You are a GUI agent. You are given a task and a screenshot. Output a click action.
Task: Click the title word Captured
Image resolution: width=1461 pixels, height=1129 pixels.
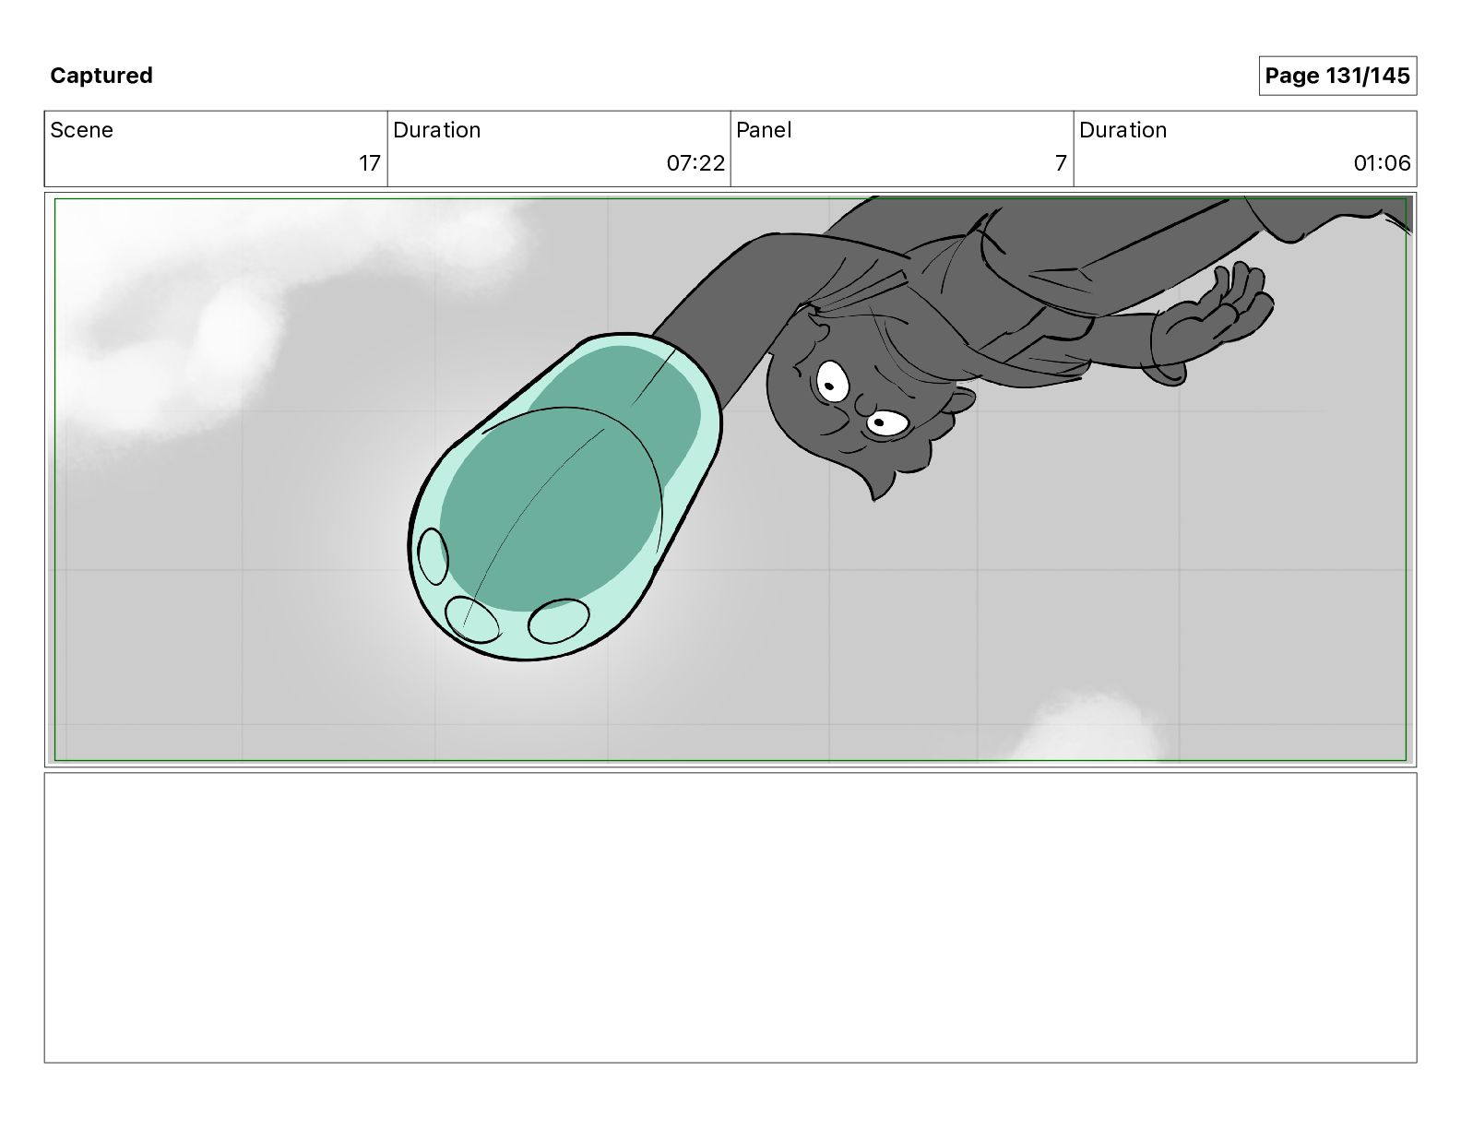click(x=101, y=76)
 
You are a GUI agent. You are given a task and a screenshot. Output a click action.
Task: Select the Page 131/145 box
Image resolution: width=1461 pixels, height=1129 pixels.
click(x=1337, y=76)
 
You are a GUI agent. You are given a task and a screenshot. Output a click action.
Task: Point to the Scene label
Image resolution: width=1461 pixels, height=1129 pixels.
click(x=81, y=130)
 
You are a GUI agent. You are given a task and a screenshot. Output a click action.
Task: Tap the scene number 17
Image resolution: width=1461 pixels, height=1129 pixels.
click(x=370, y=162)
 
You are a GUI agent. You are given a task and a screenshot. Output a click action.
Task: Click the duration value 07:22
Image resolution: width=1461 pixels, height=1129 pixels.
click(x=695, y=162)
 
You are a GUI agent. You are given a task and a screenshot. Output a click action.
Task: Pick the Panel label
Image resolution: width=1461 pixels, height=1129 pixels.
click(x=764, y=130)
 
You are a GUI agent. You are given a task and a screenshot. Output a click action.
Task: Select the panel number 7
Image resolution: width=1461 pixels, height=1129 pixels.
click(x=1061, y=162)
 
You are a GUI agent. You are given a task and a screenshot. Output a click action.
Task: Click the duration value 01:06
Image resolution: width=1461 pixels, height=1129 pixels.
click(x=1382, y=162)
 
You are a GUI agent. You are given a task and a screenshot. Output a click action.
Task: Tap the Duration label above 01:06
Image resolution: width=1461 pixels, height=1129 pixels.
click(x=1122, y=130)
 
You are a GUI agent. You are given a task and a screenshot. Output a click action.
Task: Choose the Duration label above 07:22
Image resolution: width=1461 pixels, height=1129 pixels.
click(x=437, y=130)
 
